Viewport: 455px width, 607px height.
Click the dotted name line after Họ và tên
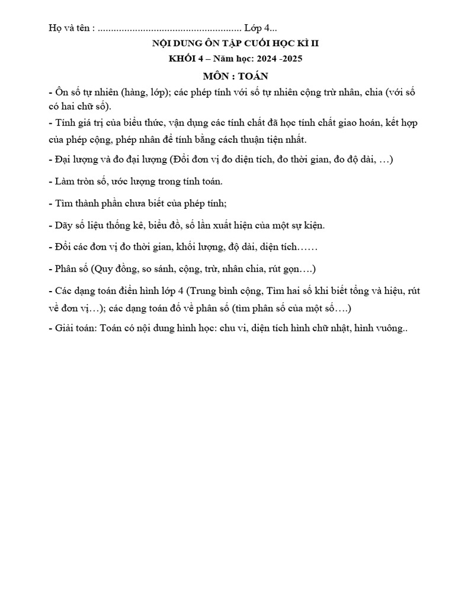(169, 28)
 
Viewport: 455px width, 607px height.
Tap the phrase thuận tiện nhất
(271, 139)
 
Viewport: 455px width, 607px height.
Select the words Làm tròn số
(81, 181)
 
